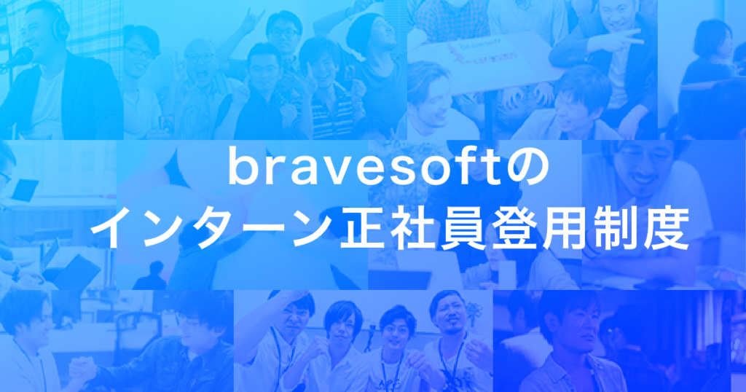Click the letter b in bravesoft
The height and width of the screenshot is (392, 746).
(x=240, y=166)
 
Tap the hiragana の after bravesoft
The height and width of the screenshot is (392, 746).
(x=531, y=169)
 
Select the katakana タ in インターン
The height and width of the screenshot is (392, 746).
(x=212, y=229)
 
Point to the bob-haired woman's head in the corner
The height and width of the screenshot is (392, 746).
(x=712, y=38)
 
